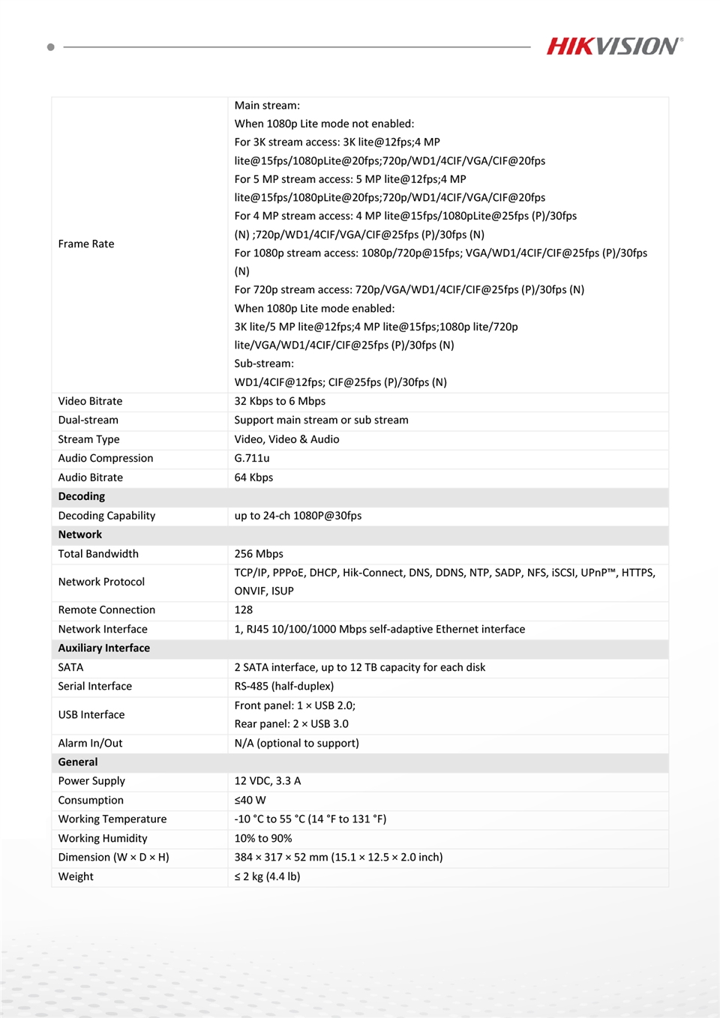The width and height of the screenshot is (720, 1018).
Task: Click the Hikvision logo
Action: (614, 46)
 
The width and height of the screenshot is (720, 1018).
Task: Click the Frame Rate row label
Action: (86, 244)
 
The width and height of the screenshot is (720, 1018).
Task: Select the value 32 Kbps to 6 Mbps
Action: (280, 401)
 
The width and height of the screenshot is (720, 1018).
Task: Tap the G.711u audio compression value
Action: (252, 458)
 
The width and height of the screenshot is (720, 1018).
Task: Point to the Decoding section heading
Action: (82, 496)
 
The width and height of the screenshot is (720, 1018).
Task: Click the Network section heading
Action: (80, 534)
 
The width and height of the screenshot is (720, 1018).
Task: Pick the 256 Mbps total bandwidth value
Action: (259, 554)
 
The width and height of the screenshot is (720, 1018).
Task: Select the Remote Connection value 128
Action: (244, 610)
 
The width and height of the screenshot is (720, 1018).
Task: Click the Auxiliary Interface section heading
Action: (104, 648)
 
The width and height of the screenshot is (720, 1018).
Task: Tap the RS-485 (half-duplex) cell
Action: (284, 686)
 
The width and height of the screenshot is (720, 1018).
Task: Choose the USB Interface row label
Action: (91, 714)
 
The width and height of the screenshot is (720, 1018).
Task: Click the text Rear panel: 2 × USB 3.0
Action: (292, 723)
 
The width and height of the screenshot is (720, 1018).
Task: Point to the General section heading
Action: (78, 762)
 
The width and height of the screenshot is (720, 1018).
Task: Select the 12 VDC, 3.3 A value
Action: (268, 781)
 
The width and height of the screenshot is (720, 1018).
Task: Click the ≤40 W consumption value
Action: (250, 800)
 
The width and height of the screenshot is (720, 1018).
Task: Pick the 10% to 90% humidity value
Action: (263, 838)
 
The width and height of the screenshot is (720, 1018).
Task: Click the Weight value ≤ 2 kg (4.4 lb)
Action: (268, 876)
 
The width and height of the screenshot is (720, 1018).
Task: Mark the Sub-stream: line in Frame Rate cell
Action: (264, 364)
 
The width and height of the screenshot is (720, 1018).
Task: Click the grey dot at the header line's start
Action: (51, 47)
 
